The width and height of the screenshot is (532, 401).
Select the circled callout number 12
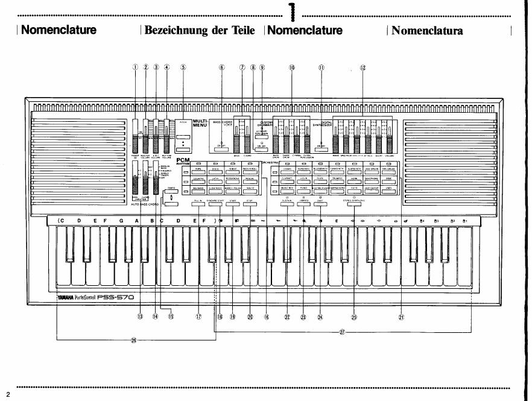(x=363, y=68)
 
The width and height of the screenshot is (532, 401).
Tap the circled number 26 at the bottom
(x=133, y=340)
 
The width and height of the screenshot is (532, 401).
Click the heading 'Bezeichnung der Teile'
(x=199, y=30)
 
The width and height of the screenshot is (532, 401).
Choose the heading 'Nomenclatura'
(x=427, y=31)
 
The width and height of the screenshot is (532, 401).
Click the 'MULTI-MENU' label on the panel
(x=200, y=124)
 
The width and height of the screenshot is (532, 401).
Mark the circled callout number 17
(x=199, y=317)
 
